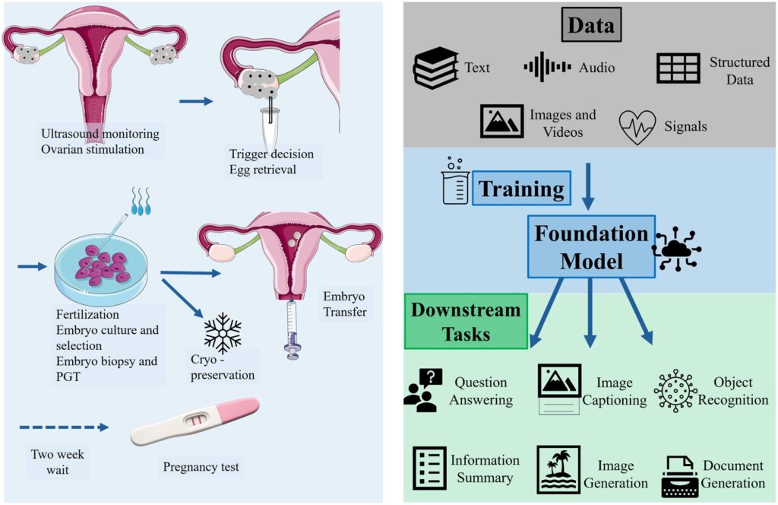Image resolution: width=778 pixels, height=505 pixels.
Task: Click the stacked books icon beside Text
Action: tap(435, 68)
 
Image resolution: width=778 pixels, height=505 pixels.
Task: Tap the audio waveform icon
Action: tap(547, 66)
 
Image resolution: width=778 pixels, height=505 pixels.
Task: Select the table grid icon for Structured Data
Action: tap(678, 68)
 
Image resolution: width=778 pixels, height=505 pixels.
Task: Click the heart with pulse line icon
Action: tap(637, 126)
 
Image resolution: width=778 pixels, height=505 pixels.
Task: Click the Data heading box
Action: tap(591, 24)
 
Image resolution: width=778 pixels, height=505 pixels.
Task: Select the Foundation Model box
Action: tap(591, 246)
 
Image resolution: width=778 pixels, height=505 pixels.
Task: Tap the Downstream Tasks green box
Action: tap(466, 321)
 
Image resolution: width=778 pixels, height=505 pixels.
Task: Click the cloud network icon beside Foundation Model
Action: tap(677, 249)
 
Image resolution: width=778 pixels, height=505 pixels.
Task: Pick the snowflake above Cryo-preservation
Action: tap(223, 332)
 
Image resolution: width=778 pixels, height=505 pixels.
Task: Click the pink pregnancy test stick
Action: tap(195, 421)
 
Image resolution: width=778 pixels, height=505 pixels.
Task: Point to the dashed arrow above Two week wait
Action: tap(64, 427)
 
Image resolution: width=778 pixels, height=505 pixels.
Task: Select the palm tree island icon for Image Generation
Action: tap(558, 469)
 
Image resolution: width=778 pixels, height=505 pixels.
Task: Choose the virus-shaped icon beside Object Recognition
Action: tap(675, 391)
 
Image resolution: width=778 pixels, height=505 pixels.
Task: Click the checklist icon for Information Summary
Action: tap(430, 468)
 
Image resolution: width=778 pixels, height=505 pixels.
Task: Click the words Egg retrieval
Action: tap(262, 170)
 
